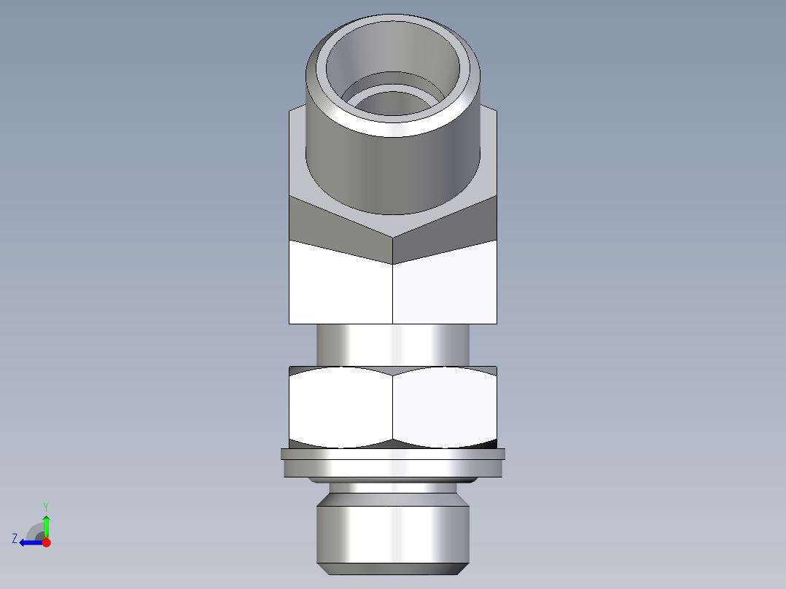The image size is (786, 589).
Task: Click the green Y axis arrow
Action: [46, 524]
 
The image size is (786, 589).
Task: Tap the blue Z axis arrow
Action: [28, 542]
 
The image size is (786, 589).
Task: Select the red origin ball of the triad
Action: [46, 542]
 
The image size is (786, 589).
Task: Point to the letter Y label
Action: [45, 506]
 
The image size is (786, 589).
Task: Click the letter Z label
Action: [15, 539]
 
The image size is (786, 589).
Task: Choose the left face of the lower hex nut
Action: [340, 408]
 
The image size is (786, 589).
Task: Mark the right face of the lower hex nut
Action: [445, 408]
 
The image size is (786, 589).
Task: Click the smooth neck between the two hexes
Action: [393, 344]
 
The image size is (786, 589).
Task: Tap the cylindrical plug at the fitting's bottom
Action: [393, 532]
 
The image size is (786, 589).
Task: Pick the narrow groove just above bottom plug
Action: [393, 488]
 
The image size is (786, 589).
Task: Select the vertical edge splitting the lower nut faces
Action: [393, 408]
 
